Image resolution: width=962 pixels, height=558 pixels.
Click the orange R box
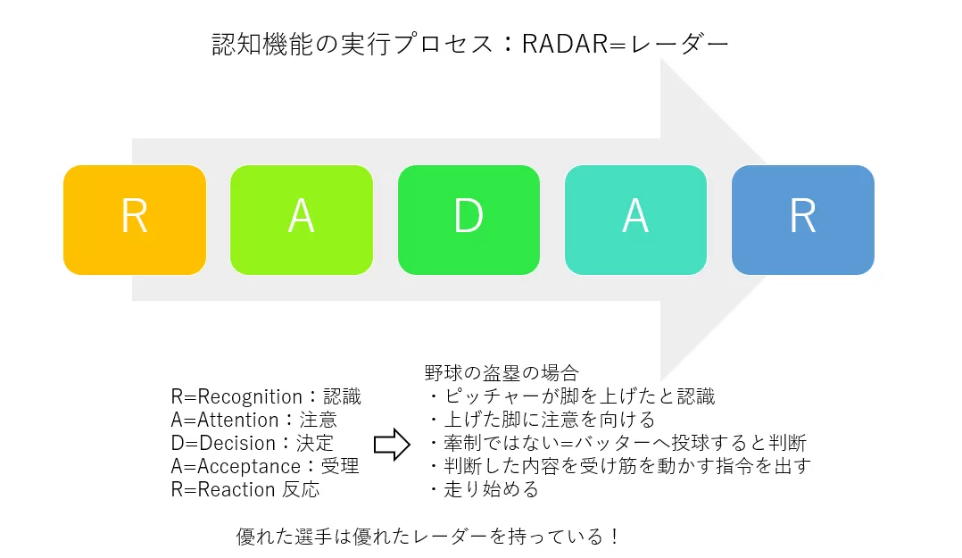(135, 220)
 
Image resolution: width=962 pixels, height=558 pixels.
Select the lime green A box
(302, 220)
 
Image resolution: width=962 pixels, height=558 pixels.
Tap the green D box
(469, 220)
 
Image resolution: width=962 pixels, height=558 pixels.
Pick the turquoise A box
(635, 220)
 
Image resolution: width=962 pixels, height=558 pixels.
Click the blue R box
(802, 220)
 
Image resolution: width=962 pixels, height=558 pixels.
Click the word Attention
(236, 421)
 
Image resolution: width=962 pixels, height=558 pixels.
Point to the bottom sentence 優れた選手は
(427, 537)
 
